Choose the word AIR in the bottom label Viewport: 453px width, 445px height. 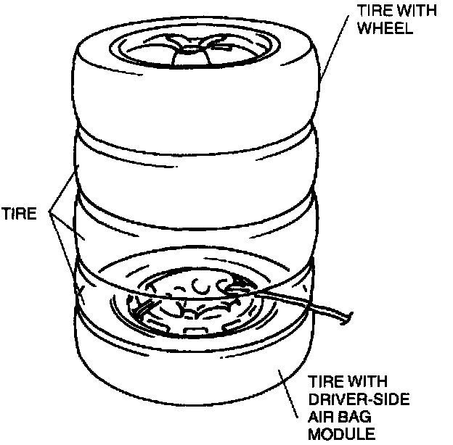pyautogui.click(x=323, y=417)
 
